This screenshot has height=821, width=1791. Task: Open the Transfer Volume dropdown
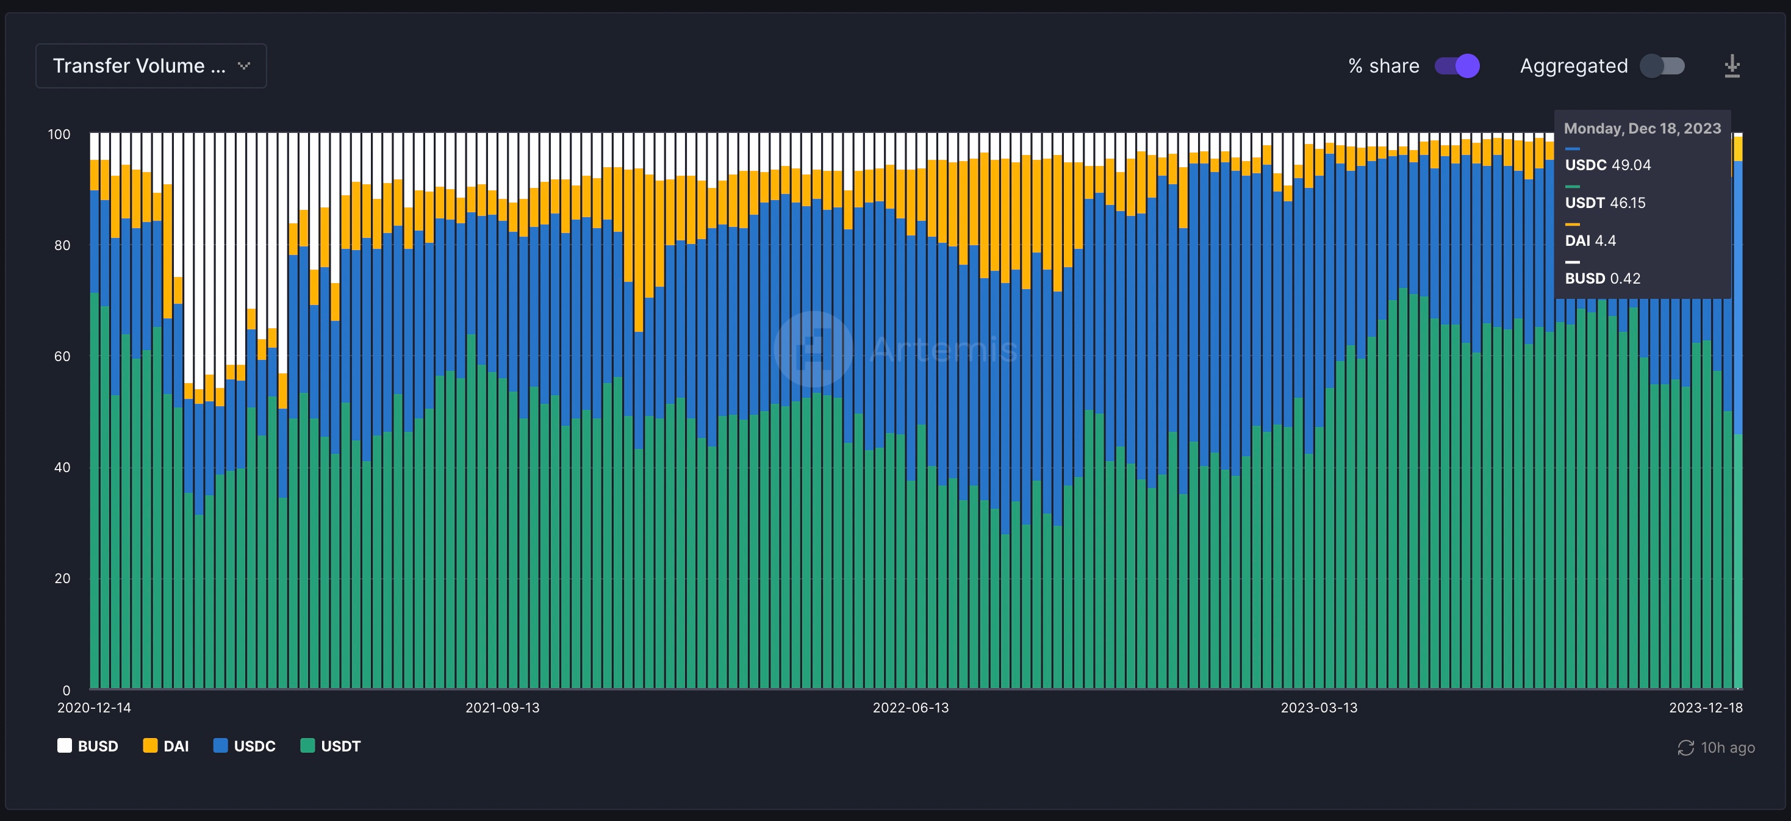151,66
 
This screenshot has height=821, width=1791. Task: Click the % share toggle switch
1457,66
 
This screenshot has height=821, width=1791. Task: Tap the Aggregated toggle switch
1662,66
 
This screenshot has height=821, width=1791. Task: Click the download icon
1732,66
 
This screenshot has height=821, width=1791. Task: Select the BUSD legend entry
88,746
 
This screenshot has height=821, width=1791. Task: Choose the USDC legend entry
244,746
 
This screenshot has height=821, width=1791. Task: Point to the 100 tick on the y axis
59,134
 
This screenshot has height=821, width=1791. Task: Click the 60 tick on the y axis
62,357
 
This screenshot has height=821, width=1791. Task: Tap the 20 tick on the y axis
62,578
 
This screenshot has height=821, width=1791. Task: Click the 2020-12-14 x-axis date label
94,708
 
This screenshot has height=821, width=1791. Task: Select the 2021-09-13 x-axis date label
502,708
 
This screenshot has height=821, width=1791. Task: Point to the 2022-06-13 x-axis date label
910,708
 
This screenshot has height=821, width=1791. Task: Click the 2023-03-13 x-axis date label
1319,708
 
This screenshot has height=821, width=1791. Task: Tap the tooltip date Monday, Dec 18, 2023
1642,129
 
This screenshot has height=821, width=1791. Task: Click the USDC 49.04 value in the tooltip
1607,165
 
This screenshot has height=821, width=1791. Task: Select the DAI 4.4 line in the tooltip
1590,240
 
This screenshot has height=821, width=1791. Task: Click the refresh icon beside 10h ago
1685,748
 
